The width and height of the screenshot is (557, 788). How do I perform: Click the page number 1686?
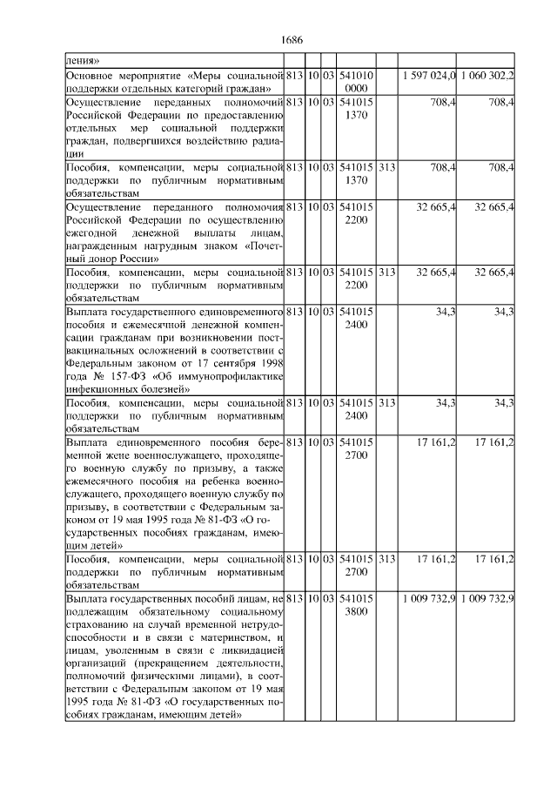tap(292, 40)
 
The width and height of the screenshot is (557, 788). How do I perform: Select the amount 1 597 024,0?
tap(430, 77)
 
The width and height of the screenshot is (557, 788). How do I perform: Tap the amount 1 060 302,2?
tap(487, 77)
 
